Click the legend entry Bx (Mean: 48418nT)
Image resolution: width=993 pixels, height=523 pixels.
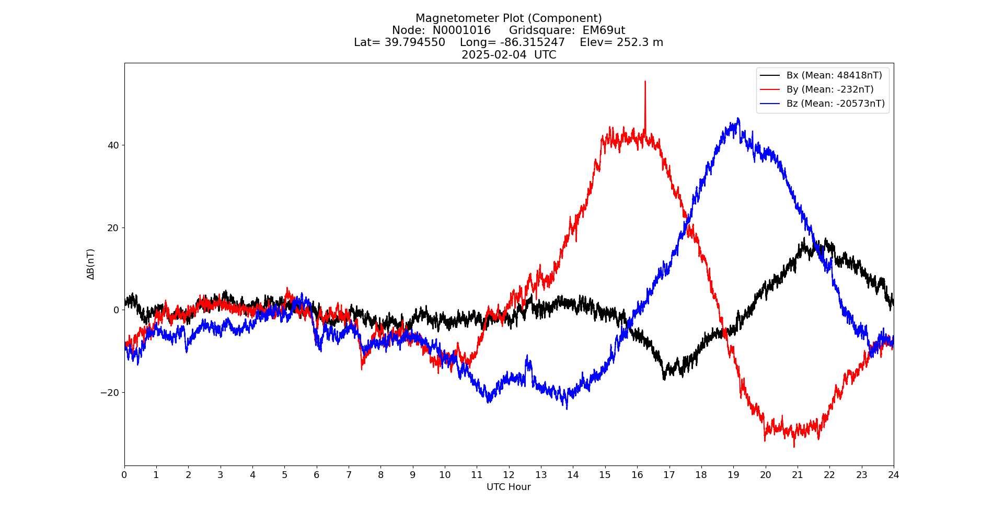(x=834, y=75)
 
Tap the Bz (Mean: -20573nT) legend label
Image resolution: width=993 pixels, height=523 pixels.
(x=835, y=104)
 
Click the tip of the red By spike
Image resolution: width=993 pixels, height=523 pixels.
(x=645, y=82)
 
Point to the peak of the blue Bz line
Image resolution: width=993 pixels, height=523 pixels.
(x=738, y=119)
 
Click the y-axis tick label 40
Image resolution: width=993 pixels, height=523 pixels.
(x=113, y=145)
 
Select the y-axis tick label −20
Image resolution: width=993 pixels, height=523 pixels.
(x=110, y=392)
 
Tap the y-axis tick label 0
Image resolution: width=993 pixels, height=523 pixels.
(x=116, y=310)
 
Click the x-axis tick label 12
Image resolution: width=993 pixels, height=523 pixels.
(x=509, y=475)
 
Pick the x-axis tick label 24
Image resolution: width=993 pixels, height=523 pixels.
(x=894, y=475)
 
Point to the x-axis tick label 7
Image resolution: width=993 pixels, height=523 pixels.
(x=349, y=475)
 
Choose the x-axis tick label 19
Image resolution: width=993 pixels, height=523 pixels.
(x=733, y=475)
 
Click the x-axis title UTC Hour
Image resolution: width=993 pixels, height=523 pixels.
(x=509, y=487)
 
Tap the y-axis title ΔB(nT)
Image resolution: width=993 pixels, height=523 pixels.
(x=91, y=264)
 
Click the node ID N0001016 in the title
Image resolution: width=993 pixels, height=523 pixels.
(x=461, y=30)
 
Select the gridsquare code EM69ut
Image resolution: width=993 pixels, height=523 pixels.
(x=604, y=30)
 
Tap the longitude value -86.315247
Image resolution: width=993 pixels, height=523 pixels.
(x=533, y=42)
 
